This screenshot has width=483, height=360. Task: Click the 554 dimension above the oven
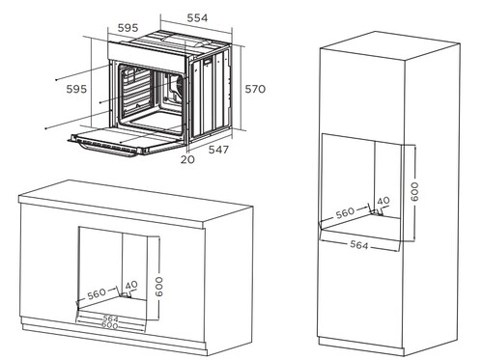pyautogui.click(x=197, y=18)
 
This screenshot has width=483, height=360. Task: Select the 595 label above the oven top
pyautogui.click(x=128, y=28)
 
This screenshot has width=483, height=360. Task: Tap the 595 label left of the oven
pyautogui.click(x=76, y=89)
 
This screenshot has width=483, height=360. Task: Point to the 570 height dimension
pyautogui.click(x=255, y=89)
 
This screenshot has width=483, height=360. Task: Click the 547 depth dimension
pyautogui.click(x=218, y=150)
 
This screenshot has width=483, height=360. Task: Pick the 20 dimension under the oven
pyautogui.click(x=187, y=159)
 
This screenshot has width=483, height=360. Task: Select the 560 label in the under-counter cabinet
pyautogui.click(x=97, y=293)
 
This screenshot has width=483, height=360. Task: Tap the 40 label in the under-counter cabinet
pyautogui.click(x=131, y=285)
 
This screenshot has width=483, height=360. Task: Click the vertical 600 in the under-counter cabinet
pyautogui.click(x=159, y=287)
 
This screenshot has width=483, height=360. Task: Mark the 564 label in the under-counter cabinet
pyautogui.click(x=111, y=318)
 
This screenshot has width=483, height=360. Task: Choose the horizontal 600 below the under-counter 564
pyautogui.click(x=110, y=325)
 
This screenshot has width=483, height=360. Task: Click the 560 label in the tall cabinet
pyautogui.click(x=345, y=213)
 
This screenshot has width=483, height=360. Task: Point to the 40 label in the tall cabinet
pyautogui.click(x=384, y=201)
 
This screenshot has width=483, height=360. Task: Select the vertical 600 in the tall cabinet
pyautogui.click(x=414, y=192)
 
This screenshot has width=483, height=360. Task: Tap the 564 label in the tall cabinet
pyautogui.click(x=359, y=245)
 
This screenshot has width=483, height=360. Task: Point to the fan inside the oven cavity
pyautogui.click(x=178, y=85)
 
